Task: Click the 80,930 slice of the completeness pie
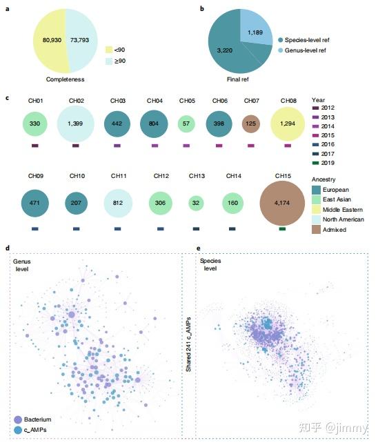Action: [x=46, y=40]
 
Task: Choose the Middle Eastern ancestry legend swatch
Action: [x=317, y=210]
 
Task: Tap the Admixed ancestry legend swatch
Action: [x=317, y=230]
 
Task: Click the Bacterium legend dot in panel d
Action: [x=18, y=419]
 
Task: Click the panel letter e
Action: [x=199, y=248]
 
